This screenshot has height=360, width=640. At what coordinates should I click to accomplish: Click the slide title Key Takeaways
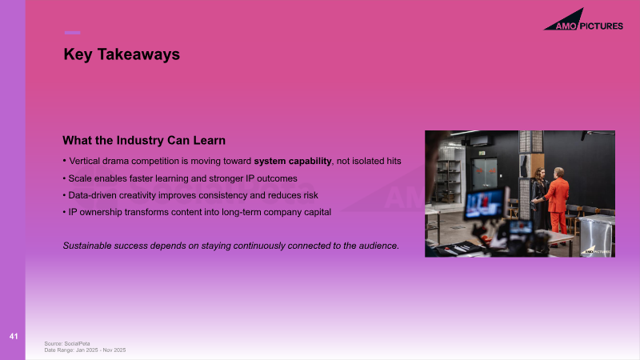coord(122,54)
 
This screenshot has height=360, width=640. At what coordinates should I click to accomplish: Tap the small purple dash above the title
coord(72,33)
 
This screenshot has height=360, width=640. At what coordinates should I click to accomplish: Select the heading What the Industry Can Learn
coord(144,141)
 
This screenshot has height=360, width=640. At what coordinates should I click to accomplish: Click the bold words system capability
coord(293,162)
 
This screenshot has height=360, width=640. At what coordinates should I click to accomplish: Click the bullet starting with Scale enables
coord(180,178)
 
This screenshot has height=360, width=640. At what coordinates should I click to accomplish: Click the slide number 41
coord(14,336)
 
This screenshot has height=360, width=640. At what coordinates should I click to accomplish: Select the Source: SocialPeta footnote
coord(67,344)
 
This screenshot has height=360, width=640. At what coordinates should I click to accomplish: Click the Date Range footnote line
coord(85,350)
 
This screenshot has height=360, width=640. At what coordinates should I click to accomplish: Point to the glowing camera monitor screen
coord(486,203)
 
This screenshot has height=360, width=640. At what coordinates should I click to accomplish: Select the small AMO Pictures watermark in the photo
coord(596,250)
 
